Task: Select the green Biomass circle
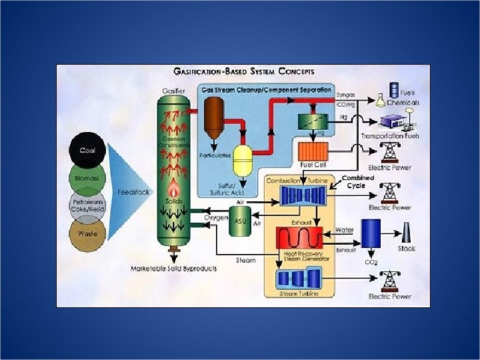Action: click(x=87, y=178)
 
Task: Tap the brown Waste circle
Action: click(x=87, y=235)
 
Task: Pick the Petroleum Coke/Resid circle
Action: click(x=87, y=207)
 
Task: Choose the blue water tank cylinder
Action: click(x=371, y=235)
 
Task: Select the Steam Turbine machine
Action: click(x=298, y=278)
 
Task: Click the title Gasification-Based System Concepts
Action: click(x=244, y=71)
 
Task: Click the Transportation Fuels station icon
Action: click(x=396, y=122)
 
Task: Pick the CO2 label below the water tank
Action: click(x=371, y=263)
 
